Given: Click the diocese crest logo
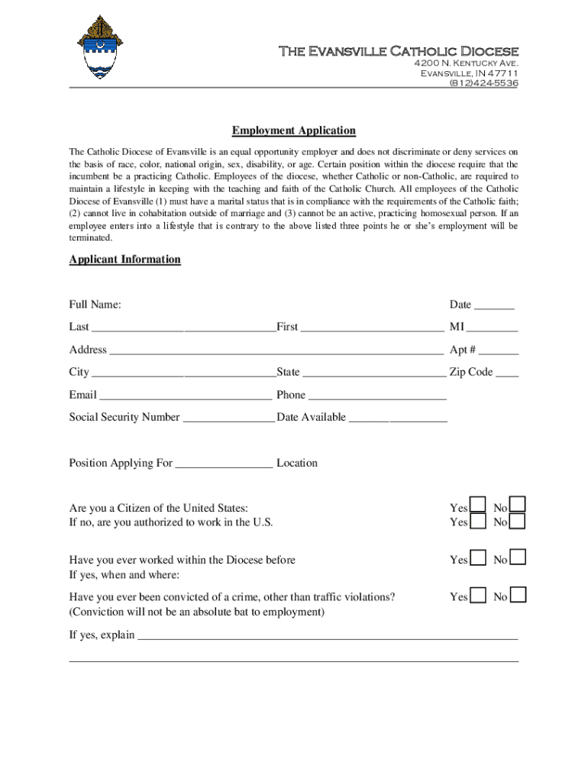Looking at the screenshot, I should click(99, 47).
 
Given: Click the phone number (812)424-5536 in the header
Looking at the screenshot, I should click(483, 82).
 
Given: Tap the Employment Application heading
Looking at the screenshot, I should click(294, 131).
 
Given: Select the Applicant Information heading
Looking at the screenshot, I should click(125, 260).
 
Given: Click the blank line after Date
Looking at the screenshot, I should click(494, 308).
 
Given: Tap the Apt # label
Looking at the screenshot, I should click(463, 351).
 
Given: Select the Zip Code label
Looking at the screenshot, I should click(471, 373).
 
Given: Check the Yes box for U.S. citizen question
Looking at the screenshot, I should click(478, 505).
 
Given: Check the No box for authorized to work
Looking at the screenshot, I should click(517, 522).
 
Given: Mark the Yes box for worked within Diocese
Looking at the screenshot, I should click(478, 557).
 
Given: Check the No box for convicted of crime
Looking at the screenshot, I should click(517, 595).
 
